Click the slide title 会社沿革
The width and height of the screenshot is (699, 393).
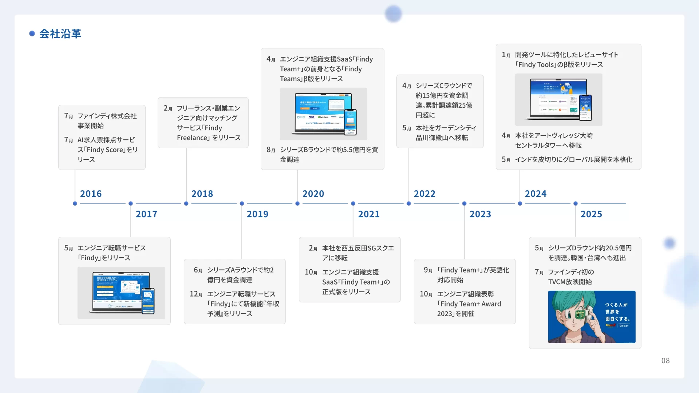[60, 33]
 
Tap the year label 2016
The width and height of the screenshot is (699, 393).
[91, 194]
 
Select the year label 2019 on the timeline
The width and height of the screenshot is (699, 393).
[257, 214]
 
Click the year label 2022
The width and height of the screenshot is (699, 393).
[424, 194]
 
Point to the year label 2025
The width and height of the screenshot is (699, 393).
[591, 214]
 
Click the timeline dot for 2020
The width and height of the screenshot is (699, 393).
[297, 203]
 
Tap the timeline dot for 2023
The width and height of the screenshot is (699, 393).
[464, 203]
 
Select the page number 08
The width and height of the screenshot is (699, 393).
[665, 361]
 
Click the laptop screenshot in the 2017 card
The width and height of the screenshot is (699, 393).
[121, 293]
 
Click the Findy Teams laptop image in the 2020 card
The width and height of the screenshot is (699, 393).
[323, 114]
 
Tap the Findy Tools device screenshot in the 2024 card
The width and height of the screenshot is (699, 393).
[558, 99]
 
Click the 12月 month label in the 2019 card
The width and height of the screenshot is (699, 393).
[196, 294]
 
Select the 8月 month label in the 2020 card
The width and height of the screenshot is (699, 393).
[271, 150]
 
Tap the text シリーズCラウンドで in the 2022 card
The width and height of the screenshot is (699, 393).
[444, 86]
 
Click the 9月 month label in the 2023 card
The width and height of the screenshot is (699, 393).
[428, 270]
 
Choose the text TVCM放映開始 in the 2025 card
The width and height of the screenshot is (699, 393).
[570, 282]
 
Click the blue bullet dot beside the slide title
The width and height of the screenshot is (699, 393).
[32, 33]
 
